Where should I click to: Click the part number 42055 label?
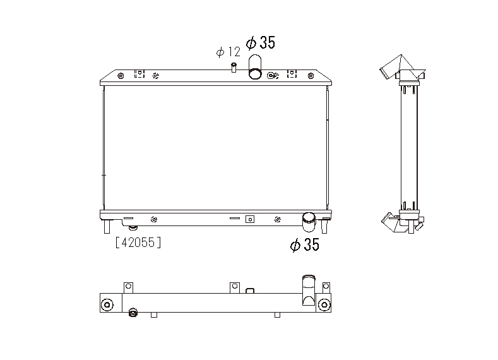click(x=138, y=243)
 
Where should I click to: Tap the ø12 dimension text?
click(x=228, y=52)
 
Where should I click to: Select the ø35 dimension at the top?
click(x=261, y=42)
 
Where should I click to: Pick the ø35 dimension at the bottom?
click(x=305, y=244)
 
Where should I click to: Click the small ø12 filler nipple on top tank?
click(x=234, y=68)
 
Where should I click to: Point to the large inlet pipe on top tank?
click(x=255, y=66)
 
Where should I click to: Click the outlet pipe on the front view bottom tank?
click(x=309, y=222)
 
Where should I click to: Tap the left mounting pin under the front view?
click(x=107, y=227)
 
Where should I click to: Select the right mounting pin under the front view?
click(x=324, y=227)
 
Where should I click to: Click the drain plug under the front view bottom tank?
click(x=133, y=227)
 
